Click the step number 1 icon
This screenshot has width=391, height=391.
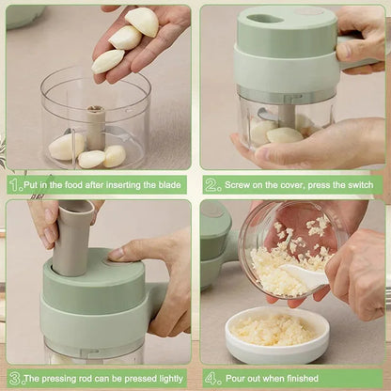click(x=14, y=185)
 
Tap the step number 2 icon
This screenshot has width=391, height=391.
click(x=212, y=185)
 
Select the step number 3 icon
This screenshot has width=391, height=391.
click(x=14, y=378)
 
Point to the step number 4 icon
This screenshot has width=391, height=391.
click(x=212, y=378)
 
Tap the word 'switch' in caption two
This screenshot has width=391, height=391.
click(x=360, y=185)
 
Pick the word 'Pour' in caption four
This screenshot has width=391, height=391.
click(x=235, y=378)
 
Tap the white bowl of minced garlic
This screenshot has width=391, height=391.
click(x=276, y=334)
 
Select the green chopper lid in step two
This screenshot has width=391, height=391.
click(x=286, y=52)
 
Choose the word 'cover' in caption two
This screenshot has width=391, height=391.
click(x=299, y=185)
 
